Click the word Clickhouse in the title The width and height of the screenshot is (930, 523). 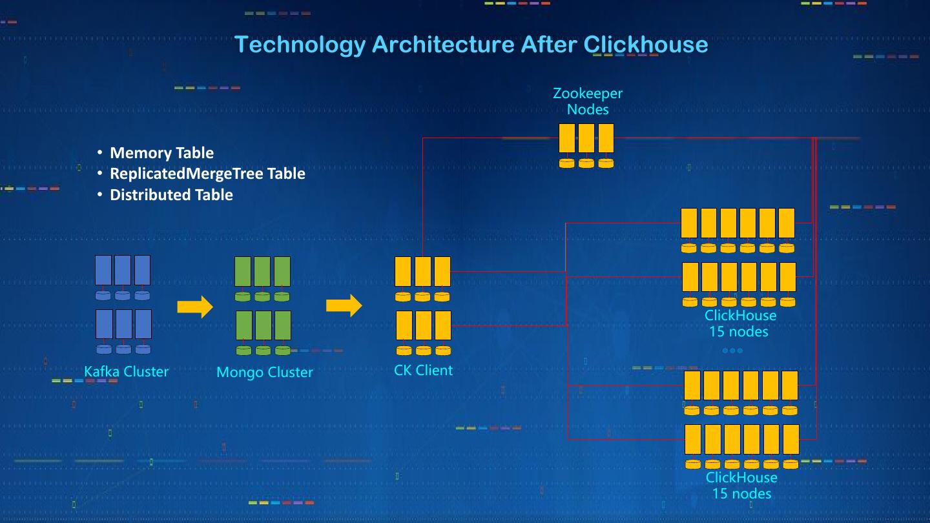click(x=645, y=45)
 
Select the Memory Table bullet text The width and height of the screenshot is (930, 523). click(x=161, y=153)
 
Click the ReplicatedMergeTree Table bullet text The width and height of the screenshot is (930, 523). click(x=207, y=174)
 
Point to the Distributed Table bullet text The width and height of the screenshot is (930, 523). click(x=171, y=195)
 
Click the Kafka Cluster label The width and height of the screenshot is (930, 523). click(x=126, y=371)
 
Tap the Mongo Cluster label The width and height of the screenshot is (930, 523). click(x=264, y=372)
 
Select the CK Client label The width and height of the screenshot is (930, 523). click(x=423, y=370)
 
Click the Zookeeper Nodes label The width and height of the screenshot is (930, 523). click(x=587, y=101)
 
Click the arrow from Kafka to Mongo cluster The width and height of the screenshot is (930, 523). click(x=194, y=307)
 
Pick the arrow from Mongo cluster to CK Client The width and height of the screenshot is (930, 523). click(x=344, y=305)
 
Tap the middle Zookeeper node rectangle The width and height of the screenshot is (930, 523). click(x=586, y=138)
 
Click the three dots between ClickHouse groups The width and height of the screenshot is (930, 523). click(x=732, y=351)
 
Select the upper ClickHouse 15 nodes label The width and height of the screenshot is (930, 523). click(x=739, y=323)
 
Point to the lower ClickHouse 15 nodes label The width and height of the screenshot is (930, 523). click(x=741, y=486)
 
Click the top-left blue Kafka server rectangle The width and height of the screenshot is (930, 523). click(x=103, y=270)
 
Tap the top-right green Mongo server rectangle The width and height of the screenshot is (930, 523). click(x=282, y=271)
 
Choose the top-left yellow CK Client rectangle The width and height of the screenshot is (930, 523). click(x=403, y=271)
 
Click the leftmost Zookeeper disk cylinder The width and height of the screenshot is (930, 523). click(x=566, y=163)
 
